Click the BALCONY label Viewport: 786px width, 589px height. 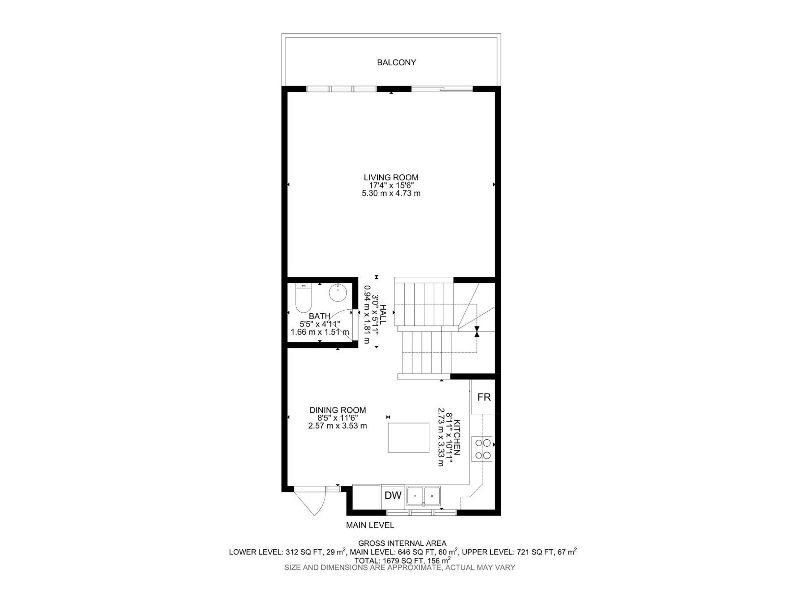(396, 62)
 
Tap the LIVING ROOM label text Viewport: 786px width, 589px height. (391, 177)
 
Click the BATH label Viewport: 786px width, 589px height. (319, 316)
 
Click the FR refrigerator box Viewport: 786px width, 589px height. (484, 397)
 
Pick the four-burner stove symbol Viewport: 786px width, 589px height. (482, 449)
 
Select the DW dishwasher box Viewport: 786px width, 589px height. (393, 496)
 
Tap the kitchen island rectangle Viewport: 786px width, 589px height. (408, 437)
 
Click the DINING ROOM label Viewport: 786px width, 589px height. (337, 410)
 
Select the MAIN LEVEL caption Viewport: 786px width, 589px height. (370, 525)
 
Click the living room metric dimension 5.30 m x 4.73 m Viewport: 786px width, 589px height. (391, 193)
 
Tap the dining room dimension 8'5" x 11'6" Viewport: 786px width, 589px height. (337, 418)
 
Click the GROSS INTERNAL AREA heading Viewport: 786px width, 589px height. (402, 543)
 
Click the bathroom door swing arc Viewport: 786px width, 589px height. (344, 321)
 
